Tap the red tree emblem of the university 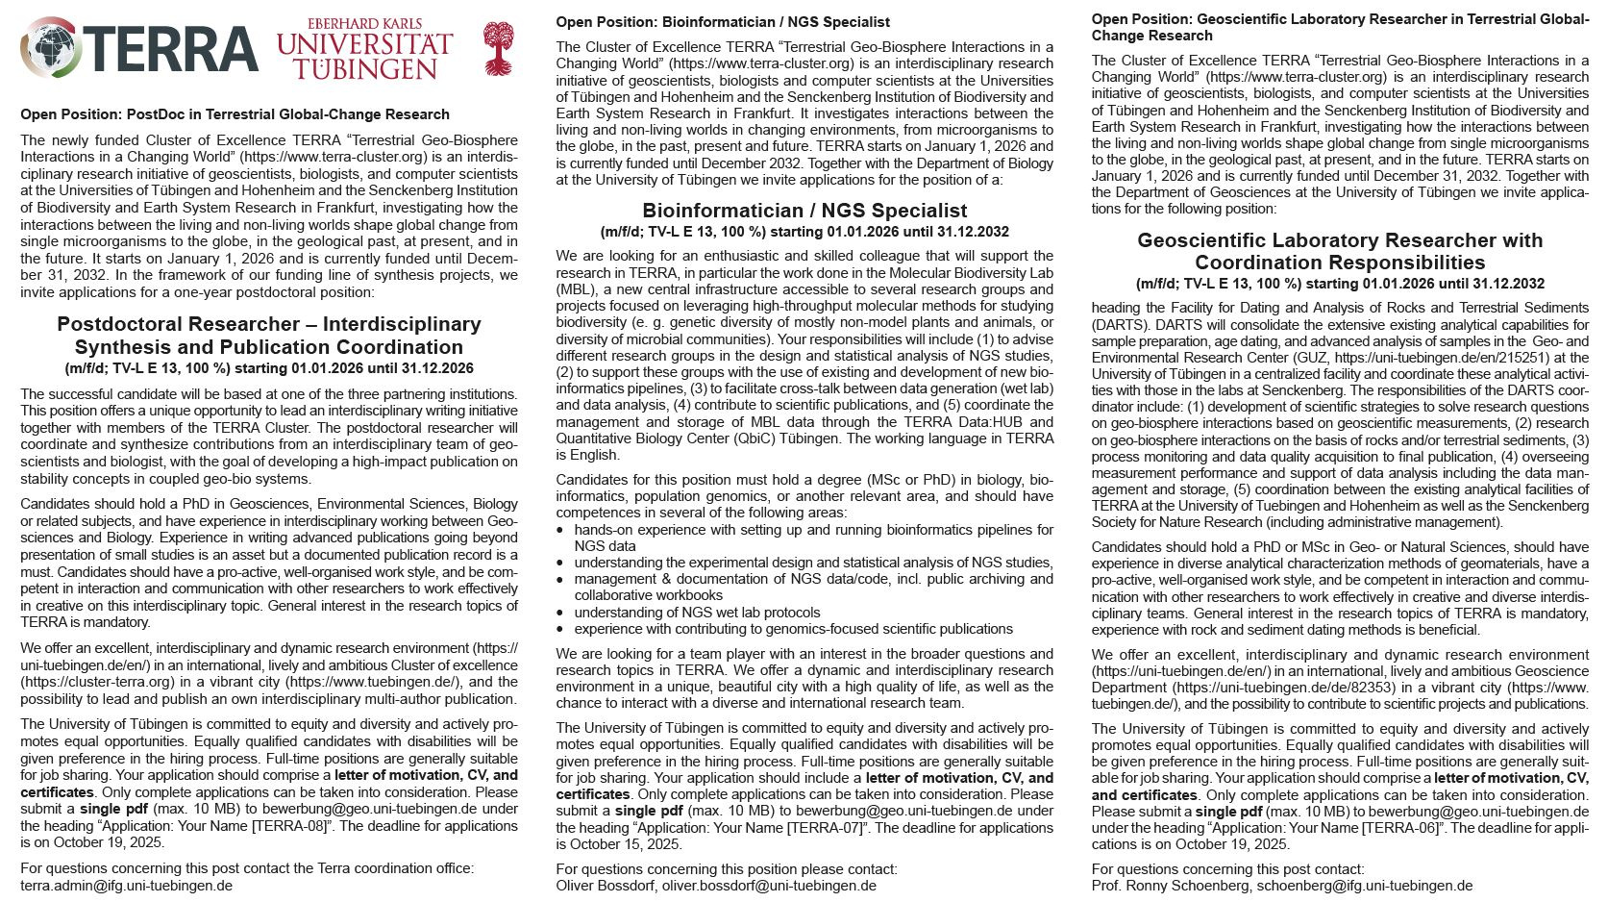[x=497, y=48]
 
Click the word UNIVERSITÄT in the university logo [x=364, y=43]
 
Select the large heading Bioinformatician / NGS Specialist [x=804, y=211]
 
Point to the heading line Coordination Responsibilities [x=1340, y=263]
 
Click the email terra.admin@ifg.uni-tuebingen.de [x=126, y=886]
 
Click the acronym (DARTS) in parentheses [x=1119, y=325]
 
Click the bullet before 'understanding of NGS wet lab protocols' [x=562, y=613]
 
